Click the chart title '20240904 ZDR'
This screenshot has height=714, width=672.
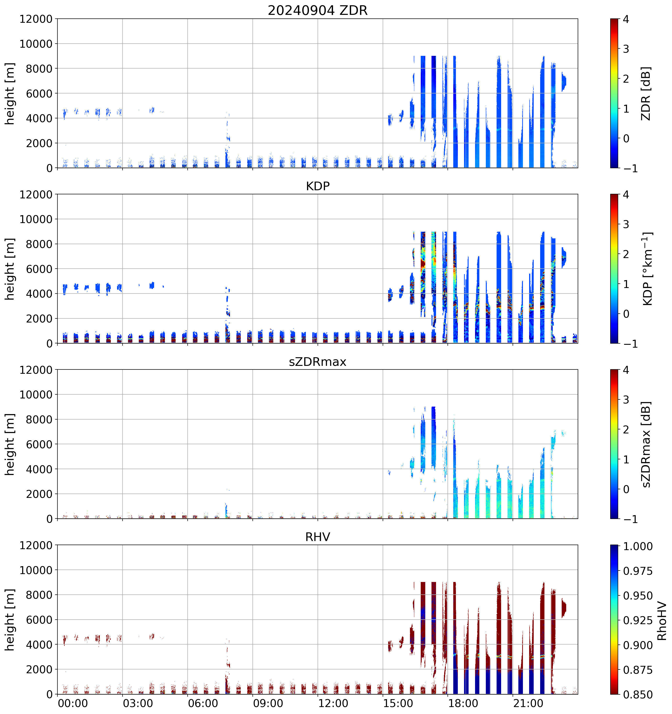click(318, 10)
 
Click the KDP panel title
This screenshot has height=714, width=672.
click(318, 186)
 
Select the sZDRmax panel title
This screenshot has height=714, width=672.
click(318, 362)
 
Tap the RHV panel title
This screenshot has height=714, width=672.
click(318, 537)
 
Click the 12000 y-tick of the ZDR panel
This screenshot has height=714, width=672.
click(36, 19)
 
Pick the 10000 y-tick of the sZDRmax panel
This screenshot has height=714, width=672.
click(36, 395)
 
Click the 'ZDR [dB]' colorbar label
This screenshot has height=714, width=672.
click(646, 93)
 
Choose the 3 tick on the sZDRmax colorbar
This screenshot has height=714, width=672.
click(626, 400)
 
